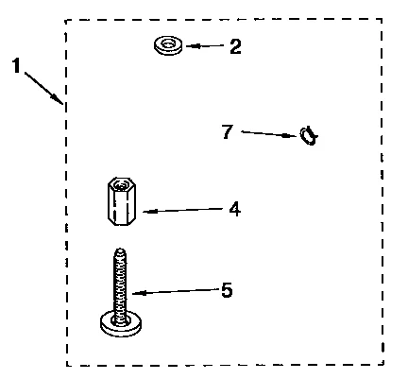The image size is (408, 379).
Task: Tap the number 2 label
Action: pos(235,45)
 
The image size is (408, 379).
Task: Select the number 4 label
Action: pos(234,209)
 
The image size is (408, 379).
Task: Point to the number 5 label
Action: pos(227,290)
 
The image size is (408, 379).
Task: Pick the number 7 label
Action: pos(227,131)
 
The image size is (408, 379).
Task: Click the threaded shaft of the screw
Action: pos(121,284)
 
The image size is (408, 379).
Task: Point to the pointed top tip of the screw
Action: pos(120,250)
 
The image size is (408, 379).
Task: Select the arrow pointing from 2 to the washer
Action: pos(205,44)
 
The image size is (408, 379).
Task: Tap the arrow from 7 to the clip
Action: pos(269,134)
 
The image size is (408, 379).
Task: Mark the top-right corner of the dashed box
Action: pos(382,18)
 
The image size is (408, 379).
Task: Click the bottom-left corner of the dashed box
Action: pos(67,365)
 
